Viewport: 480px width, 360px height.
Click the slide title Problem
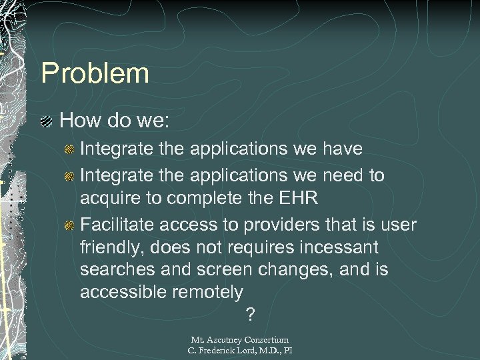pos(95,73)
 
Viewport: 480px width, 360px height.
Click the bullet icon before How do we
pos(47,121)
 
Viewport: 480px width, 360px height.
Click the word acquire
pos(107,199)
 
